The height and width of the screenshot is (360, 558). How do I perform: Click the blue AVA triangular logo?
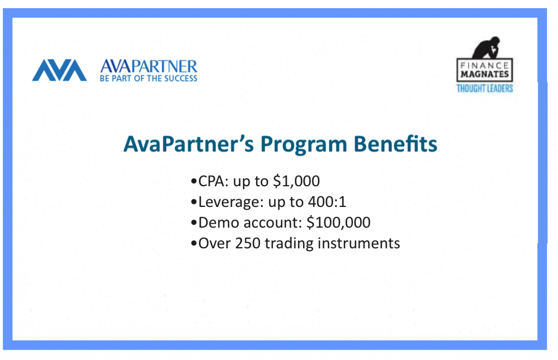pyautogui.click(x=59, y=70)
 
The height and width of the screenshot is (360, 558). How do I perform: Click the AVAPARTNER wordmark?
pyautogui.click(x=149, y=66)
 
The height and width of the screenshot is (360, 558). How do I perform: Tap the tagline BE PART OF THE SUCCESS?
pyautogui.click(x=148, y=78)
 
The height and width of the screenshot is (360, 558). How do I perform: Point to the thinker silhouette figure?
pyautogui.click(x=486, y=47)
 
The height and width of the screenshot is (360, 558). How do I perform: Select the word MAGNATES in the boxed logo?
pyautogui.click(x=484, y=74)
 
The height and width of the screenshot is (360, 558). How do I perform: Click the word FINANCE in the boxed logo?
pyautogui.click(x=484, y=65)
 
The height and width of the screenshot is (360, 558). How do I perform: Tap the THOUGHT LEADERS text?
pyautogui.click(x=484, y=88)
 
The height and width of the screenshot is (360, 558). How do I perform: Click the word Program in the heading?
pyautogui.click(x=304, y=145)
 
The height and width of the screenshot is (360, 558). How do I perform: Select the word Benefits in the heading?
pyautogui.click(x=396, y=144)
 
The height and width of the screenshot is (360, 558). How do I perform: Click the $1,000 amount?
pyautogui.click(x=296, y=181)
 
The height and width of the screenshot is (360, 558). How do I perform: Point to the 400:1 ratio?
pyautogui.click(x=327, y=202)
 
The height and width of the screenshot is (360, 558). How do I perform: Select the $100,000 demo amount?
pyautogui.click(x=338, y=222)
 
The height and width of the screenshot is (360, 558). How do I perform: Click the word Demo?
pyautogui.click(x=219, y=223)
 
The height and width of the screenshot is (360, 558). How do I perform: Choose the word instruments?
pyautogui.click(x=359, y=243)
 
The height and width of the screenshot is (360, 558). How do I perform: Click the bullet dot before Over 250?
pyautogui.click(x=194, y=243)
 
